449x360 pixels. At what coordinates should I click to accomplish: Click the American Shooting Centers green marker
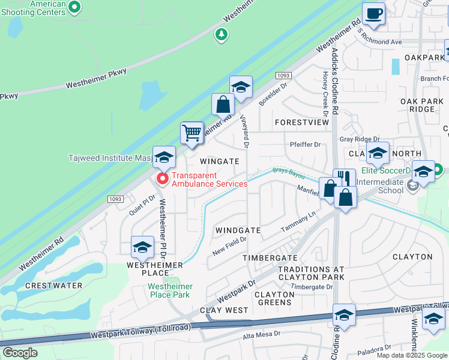coord(74,7)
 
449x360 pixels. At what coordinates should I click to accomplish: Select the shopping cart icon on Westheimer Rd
coord(192,133)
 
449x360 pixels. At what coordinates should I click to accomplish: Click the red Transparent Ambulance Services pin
coord(162,179)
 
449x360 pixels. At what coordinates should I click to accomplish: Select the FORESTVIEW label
coord(302,122)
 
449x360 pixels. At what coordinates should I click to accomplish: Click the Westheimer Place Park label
coord(169,290)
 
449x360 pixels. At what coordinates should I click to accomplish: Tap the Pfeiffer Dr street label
coord(306,145)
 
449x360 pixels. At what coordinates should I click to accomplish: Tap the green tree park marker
coord(222,35)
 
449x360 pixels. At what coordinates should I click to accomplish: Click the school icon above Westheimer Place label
coord(142,247)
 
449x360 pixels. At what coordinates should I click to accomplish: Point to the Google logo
coord(20,353)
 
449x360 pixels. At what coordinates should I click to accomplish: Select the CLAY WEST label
coord(224,310)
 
